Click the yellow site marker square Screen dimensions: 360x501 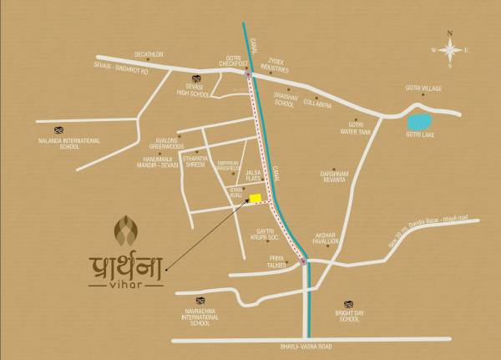[x=256, y=198]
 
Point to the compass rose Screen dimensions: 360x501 [x=450, y=50]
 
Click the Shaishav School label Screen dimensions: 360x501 [x=285, y=101]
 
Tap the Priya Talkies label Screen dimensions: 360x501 [x=276, y=261]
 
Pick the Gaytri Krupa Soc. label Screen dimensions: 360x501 [x=266, y=231]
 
